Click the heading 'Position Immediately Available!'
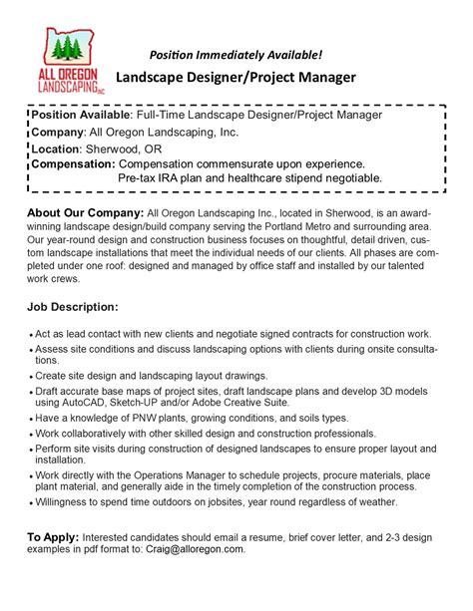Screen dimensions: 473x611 236,53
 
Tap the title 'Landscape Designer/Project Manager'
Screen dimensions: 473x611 236,77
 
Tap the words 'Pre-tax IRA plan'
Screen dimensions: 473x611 169,177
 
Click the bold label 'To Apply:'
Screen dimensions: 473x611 52,537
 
